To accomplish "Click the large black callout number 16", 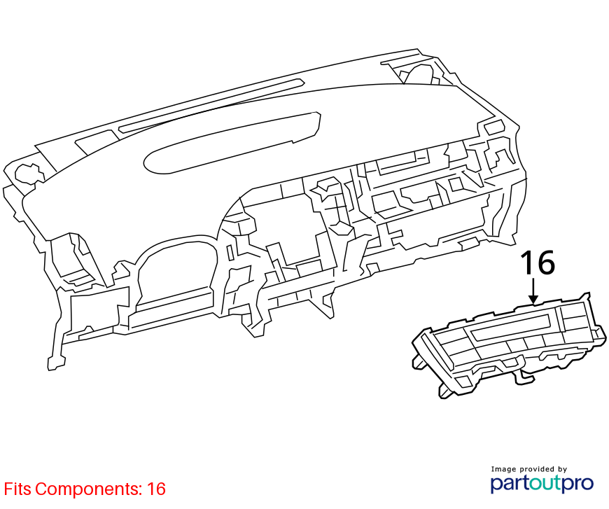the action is [538, 263].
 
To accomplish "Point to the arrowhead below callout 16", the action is [533, 299].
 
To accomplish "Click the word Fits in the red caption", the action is [17, 489].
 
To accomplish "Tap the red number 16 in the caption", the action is [156, 489].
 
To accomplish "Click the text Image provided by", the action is [529, 469].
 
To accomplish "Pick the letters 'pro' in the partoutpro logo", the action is [579, 484].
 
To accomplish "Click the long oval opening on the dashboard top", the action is [232, 143].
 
